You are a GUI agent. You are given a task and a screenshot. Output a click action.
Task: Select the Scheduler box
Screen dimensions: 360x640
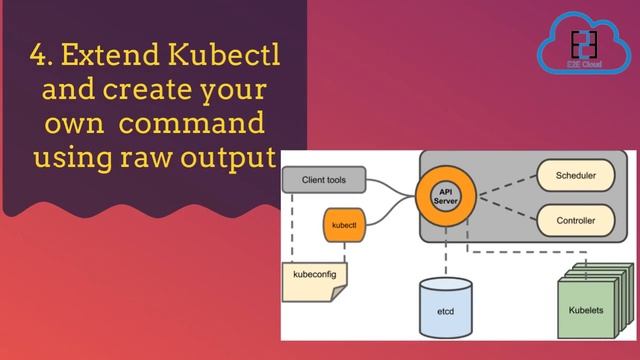[x=575, y=176]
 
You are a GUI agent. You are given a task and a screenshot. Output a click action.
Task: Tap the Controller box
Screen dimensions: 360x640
[x=575, y=220]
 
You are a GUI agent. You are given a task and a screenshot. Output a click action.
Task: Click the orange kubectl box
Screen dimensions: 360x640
[x=344, y=225]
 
